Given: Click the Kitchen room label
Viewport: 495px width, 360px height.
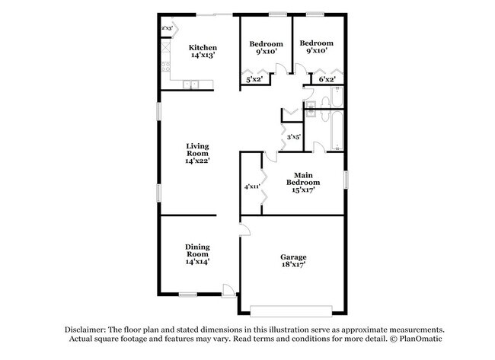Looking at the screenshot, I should click(203, 47).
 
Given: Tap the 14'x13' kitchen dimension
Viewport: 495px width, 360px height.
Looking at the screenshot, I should click(203, 56).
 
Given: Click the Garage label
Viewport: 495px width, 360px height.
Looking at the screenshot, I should click(293, 257).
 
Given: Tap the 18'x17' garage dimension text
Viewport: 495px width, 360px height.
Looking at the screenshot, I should click(293, 267).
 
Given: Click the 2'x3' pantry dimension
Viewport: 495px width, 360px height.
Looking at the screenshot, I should click(167, 28).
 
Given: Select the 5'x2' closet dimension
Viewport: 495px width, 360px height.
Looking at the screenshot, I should click(254, 79).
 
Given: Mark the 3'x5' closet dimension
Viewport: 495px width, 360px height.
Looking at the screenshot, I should click(293, 137).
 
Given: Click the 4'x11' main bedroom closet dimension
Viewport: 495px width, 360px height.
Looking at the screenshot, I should click(252, 186).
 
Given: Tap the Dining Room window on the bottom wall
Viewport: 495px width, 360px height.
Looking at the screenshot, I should click(187, 294).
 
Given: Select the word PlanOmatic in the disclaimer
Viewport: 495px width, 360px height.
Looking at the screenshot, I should click(417, 339).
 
